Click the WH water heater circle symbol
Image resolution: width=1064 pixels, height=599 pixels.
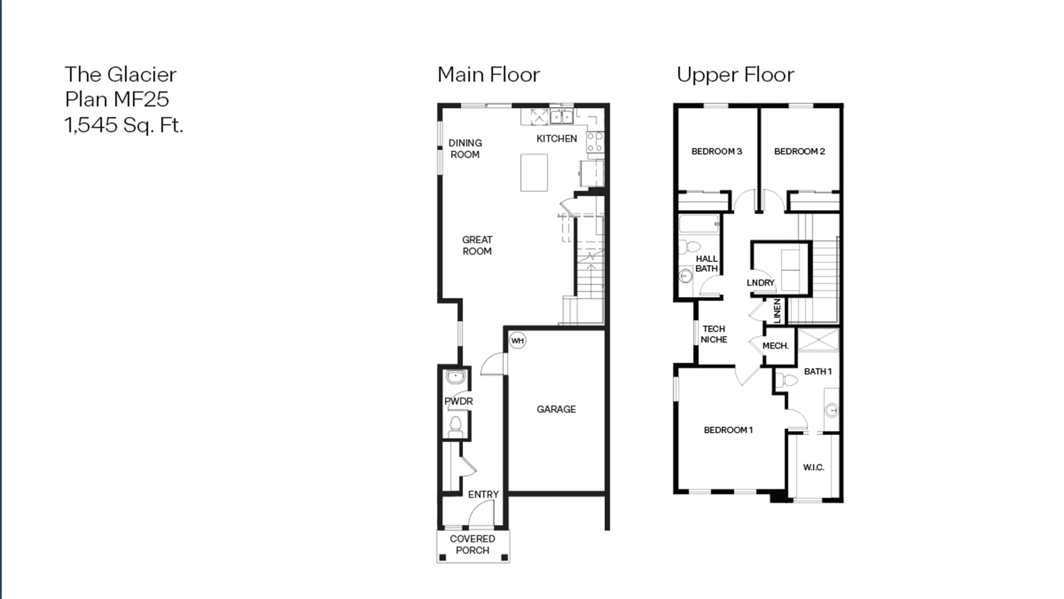[x=517, y=341]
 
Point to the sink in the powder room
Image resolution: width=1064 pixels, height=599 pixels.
[x=455, y=377]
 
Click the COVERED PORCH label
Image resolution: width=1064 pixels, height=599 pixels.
[x=472, y=544]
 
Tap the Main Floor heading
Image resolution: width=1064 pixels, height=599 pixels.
[x=488, y=75]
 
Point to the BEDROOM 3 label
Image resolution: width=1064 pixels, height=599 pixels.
[x=717, y=151]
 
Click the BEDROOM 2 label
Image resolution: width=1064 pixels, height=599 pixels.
[x=799, y=151]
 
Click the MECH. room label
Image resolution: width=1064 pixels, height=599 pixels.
[x=775, y=346]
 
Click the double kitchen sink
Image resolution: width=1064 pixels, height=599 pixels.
[x=561, y=117]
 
